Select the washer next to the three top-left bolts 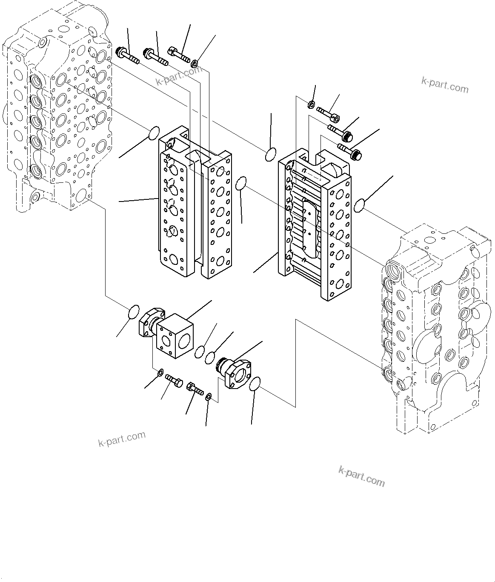[194, 64]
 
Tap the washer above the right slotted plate [311, 104]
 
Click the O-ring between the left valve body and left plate [154, 133]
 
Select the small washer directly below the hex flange [160, 373]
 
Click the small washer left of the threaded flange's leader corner [209, 397]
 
